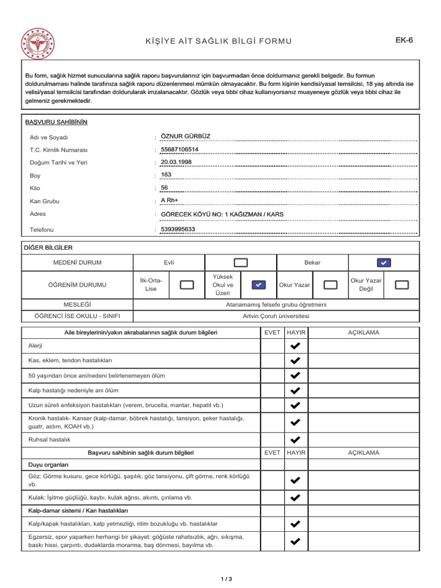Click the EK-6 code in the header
click(405, 40)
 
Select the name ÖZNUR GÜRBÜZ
click(186, 136)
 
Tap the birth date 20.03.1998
click(176, 162)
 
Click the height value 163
click(167, 175)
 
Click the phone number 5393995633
click(178, 229)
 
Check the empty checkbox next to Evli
click(241, 262)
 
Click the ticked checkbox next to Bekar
click(384, 262)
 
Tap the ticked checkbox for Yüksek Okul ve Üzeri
click(259, 284)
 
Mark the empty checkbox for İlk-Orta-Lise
click(187, 284)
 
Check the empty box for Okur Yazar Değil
click(403, 284)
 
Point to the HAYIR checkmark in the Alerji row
click(295, 346)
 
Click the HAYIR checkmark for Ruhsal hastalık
click(295, 440)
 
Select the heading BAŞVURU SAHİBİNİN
click(56, 122)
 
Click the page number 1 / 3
click(226, 579)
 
